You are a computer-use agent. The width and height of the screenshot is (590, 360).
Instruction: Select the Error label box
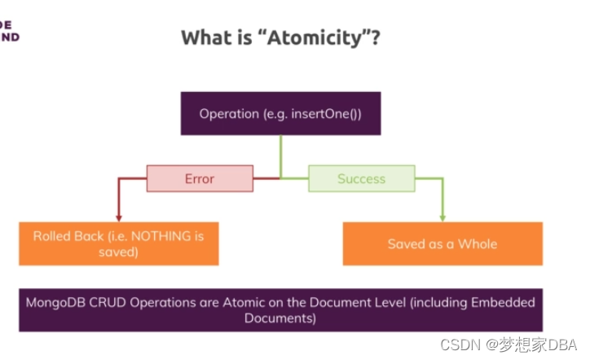coord(199,178)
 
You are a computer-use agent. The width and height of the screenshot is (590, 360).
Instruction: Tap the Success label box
coord(361,178)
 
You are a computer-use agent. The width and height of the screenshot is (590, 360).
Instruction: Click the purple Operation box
coord(280,113)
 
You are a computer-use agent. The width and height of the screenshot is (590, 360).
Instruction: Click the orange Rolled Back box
coord(119,244)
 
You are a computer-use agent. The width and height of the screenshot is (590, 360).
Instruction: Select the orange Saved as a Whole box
coord(442,244)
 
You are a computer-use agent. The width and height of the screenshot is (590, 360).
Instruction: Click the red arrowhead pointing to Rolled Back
coord(119,217)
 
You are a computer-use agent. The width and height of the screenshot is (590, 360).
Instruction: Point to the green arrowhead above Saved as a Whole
coord(442,217)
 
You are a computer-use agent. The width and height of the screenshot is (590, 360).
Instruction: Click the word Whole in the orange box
coord(478,244)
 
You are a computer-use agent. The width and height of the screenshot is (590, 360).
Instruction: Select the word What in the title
coord(203,37)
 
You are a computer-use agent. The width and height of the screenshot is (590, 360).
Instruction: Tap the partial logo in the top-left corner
coord(9,31)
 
